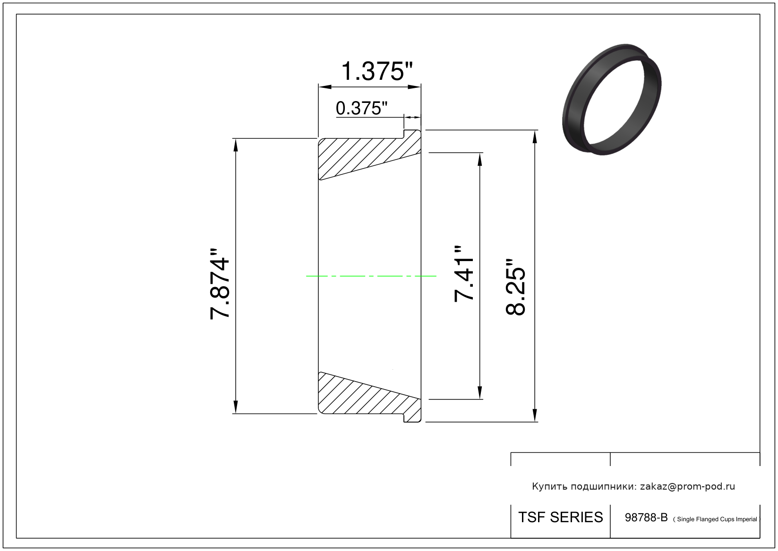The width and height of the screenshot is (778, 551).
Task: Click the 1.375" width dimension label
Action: [x=377, y=71]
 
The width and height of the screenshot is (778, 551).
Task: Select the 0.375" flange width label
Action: [x=361, y=108]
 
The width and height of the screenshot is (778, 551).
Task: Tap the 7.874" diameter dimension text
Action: [x=220, y=283]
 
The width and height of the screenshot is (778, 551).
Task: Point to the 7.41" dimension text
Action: [x=464, y=274]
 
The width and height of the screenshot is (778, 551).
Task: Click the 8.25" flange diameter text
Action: [x=515, y=287]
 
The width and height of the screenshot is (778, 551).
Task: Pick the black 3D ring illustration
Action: [x=612, y=99]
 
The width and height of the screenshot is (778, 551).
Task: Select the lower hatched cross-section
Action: [x=369, y=397]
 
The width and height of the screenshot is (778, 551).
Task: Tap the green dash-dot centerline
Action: [x=371, y=276]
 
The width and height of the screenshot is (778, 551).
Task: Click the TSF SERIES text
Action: [x=561, y=517]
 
